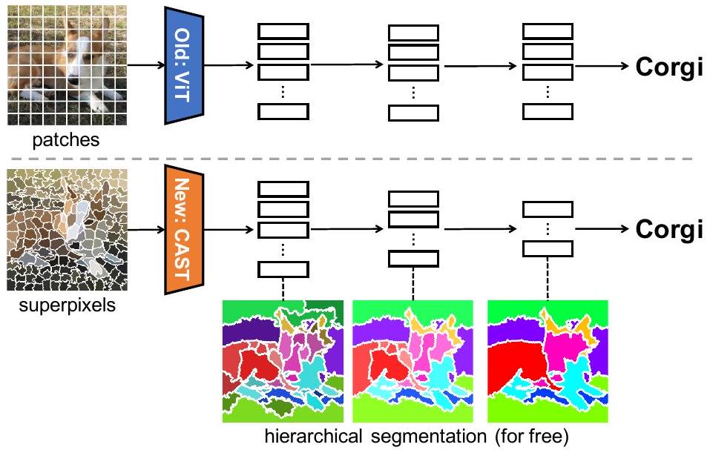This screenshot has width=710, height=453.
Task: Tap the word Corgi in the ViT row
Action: [x=668, y=67]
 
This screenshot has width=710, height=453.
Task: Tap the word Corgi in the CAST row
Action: [x=668, y=229]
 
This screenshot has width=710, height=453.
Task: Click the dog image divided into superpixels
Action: [x=65, y=231]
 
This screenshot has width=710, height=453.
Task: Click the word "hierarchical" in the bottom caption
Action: [x=309, y=437]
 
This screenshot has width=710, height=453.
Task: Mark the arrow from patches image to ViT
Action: [x=145, y=66]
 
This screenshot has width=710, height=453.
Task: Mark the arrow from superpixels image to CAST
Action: [x=145, y=229]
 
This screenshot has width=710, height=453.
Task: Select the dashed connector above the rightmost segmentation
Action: [x=548, y=282]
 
